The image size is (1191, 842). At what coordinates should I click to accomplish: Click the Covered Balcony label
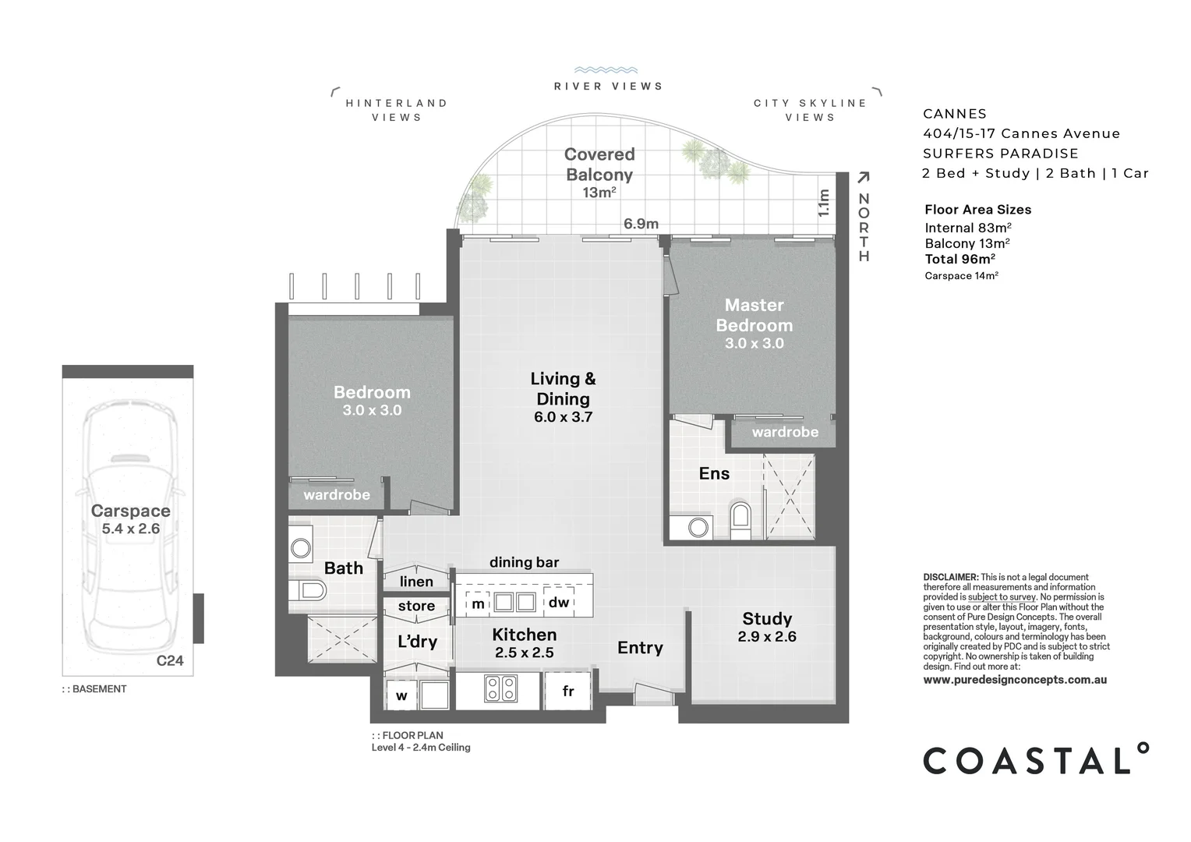coord(599,165)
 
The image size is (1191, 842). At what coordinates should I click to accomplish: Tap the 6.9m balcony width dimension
coord(641,224)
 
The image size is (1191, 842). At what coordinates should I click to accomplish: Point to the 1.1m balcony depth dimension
coord(823,203)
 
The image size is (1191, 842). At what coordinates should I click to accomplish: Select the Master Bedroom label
coord(754,315)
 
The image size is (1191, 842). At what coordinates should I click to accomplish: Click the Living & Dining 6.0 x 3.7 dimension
coord(563,417)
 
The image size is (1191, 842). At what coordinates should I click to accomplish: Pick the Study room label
coord(767,619)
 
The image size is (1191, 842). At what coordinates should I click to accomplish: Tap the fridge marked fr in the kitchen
coord(568,692)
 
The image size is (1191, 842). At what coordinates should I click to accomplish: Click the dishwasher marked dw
coord(559,602)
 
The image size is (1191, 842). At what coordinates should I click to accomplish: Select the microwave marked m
coord(478,603)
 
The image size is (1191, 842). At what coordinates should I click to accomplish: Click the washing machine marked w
coord(401,695)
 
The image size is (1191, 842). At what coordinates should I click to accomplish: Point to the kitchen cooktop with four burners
coord(500,688)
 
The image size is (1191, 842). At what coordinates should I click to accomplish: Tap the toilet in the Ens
coord(740,518)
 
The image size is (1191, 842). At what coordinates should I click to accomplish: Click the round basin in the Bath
coord(301,548)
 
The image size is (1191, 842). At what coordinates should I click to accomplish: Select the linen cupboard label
coord(416,582)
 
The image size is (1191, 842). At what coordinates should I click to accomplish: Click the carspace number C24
coord(170,660)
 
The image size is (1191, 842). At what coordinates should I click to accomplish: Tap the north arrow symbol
coord(863,179)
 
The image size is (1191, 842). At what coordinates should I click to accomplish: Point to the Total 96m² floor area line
coord(960,260)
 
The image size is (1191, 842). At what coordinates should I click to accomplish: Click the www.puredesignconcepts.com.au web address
coord(1015,680)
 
